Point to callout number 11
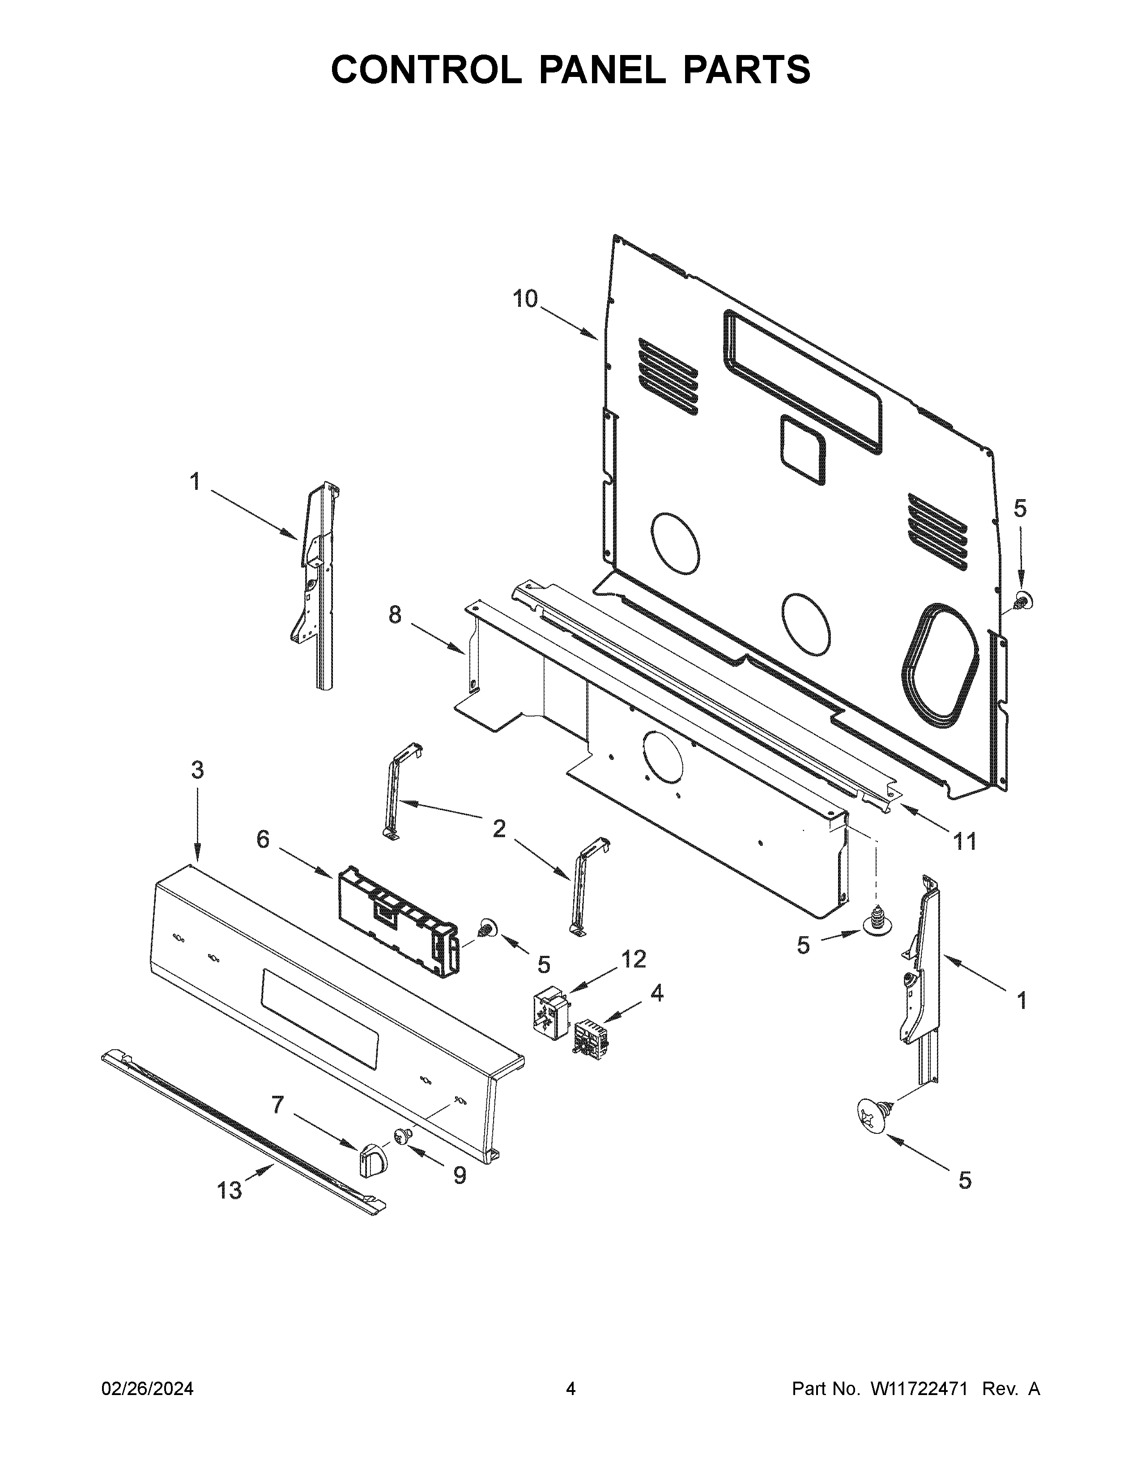point(965,841)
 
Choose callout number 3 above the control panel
point(197,770)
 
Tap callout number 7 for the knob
point(277,1105)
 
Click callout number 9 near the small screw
point(459,1176)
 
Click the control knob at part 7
point(371,1161)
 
